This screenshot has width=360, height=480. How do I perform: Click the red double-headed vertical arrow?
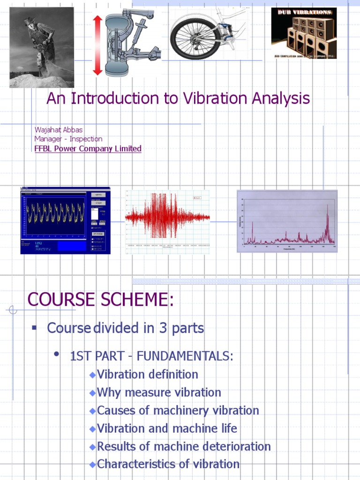click(97, 45)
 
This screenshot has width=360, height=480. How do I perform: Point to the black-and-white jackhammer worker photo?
click(42, 47)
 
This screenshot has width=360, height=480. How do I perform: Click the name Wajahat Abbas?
click(59, 129)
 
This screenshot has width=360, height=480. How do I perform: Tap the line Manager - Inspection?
click(68, 139)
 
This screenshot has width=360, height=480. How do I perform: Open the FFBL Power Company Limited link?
click(88, 149)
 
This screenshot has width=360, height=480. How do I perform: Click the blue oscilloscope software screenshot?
click(65, 220)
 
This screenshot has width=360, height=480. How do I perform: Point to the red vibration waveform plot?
click(167, 218)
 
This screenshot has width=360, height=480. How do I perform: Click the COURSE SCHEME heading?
click(100, 300)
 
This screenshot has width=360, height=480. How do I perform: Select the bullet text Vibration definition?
click(147, 375)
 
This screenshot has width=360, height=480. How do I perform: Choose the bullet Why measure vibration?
click(158, 392)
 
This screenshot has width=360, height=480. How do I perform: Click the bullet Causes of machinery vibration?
click(178, 410)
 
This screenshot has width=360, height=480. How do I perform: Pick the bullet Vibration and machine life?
click(167, 428)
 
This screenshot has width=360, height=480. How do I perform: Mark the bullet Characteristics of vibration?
click(168, 464)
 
